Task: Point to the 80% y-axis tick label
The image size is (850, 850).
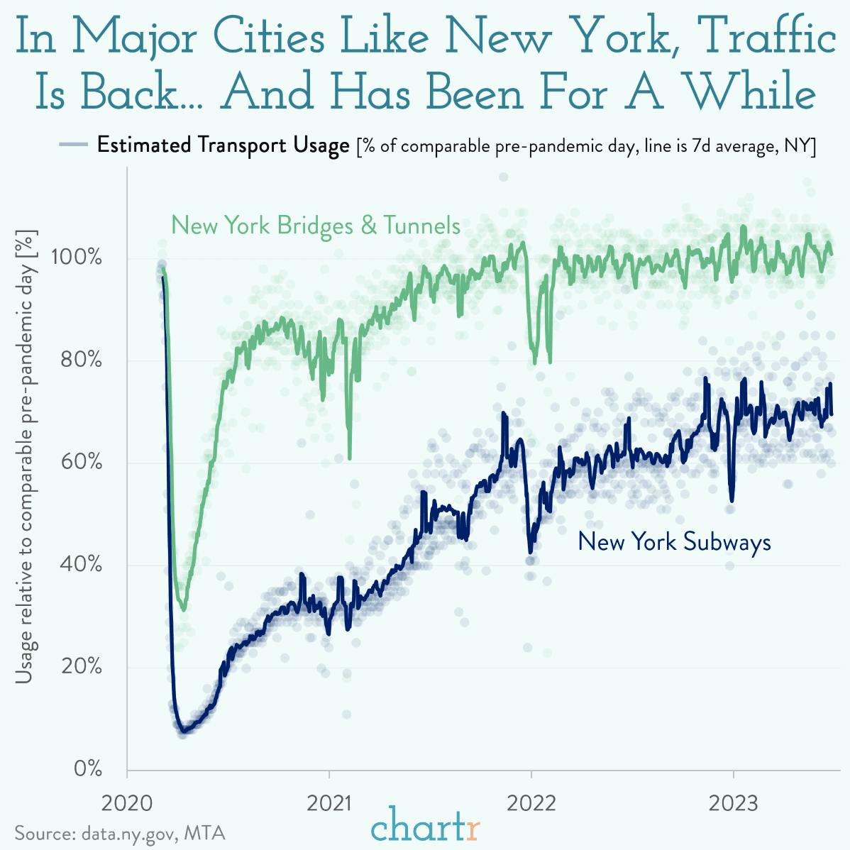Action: coord(81,360)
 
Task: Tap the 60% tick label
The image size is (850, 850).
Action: coord(81,463)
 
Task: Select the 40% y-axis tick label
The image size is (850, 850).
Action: coord(81,565)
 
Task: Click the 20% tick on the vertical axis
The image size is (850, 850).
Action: coord(81,667)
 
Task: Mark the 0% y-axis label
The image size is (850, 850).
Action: coord(87,769)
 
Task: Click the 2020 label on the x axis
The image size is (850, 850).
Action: coord(128,804)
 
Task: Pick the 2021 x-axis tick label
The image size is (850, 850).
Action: coord(330,804)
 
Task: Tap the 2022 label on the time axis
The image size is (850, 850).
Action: coord(531,804)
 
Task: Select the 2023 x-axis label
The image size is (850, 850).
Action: coord(733,804)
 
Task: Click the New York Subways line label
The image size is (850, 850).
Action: coord(674,542)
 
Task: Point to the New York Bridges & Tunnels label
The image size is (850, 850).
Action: coord(316,226)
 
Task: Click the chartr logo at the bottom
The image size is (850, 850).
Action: coord(426,827)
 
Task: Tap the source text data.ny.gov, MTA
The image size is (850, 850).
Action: coord(121,832)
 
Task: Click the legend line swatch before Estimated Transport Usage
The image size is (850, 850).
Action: coord(72,145)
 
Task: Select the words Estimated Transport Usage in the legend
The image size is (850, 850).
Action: coord(223,145)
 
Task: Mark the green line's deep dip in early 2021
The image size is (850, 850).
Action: coord(350,458)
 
